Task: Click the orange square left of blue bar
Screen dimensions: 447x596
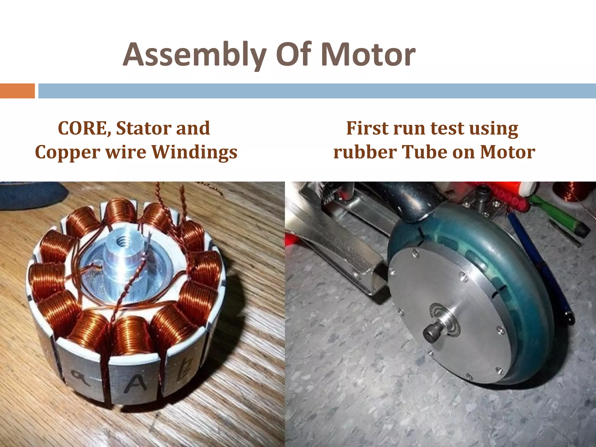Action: click(x=17, y=91)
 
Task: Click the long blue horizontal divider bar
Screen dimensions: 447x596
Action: click(x=317, y=91)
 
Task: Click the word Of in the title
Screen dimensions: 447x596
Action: click(x=294, y=55)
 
